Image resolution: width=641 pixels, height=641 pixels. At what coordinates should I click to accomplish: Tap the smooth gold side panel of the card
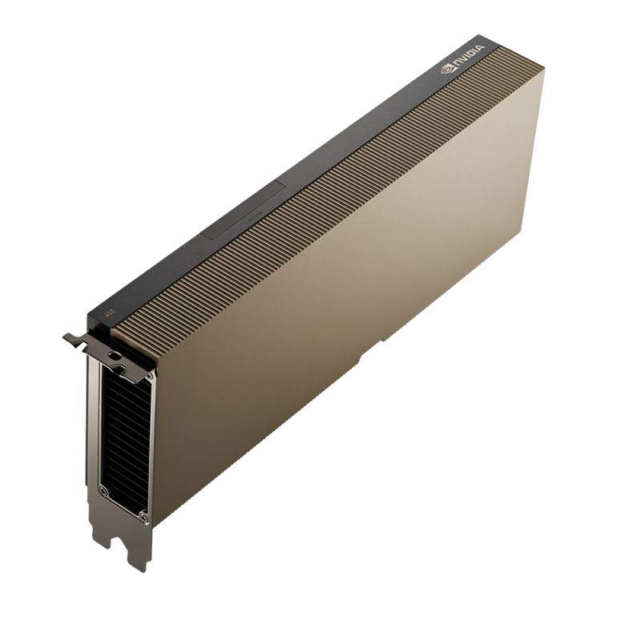click(x=345, y=304)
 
